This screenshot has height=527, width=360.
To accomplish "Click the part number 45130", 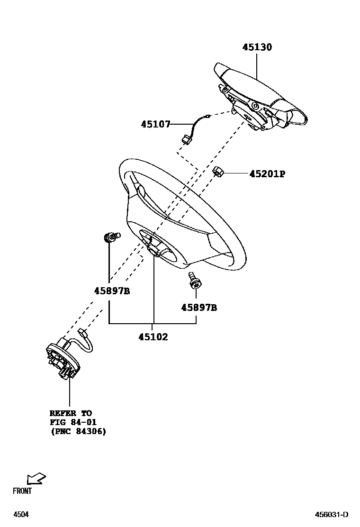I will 257,47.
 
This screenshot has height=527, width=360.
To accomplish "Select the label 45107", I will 155,124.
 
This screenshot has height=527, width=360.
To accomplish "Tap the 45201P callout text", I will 267,174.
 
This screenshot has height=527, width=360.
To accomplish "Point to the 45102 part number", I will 153,337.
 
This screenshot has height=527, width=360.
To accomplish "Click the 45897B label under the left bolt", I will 112,291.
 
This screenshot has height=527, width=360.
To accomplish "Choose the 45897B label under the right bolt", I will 199,308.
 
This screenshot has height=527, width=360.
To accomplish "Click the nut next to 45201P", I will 218,171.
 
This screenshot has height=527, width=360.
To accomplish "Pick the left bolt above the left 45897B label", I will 111,236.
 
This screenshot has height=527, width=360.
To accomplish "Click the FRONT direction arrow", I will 36,479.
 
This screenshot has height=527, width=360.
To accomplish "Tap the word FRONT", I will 22,491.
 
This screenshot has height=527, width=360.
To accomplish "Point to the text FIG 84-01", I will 73,422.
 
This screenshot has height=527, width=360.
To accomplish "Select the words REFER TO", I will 71,413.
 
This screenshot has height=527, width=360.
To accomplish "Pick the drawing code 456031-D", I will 332,514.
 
